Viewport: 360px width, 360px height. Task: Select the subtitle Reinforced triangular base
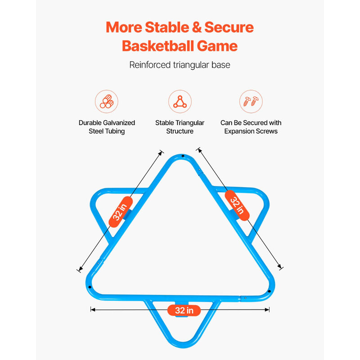tap(180, 65)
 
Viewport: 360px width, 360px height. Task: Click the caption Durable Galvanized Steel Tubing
tap(107, 127)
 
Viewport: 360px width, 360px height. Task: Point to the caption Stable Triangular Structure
tap(180, 127)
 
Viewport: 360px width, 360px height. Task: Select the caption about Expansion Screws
tap(251, 127)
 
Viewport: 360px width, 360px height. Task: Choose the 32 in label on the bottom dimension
tap(184, 310)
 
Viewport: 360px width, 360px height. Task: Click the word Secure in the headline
tap(229, 27)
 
